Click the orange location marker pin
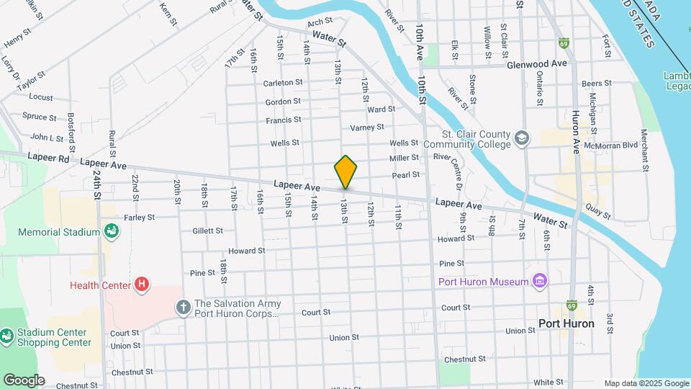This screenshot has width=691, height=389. [345, 172]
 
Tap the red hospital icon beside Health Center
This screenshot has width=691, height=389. [143, 285]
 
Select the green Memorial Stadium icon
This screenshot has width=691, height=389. [112, 232]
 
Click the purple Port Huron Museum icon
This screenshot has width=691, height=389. [540, 281]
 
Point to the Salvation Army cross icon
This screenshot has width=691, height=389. [184, 308]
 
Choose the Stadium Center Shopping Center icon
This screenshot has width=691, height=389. [6, 336]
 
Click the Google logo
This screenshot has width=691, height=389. [24, 380]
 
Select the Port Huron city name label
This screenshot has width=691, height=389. [566, 323]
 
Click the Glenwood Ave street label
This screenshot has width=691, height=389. [536, 63]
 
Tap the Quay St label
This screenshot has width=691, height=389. [598, 212]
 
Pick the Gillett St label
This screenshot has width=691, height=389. [207, 231]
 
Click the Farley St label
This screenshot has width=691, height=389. [139, 217]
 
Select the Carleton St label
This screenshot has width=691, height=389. [282, 83]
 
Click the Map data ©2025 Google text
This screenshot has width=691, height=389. [646, 383]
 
